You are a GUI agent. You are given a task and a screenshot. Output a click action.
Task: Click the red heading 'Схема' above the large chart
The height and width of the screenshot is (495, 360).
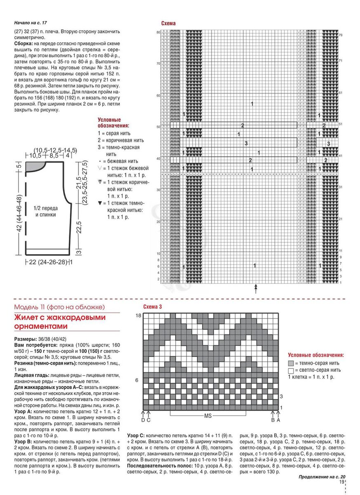click(168, 24)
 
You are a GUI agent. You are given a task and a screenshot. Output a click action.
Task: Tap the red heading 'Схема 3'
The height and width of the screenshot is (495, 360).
click(153, 307)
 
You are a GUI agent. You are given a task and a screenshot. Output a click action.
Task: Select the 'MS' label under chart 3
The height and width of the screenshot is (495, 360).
click(208, 416)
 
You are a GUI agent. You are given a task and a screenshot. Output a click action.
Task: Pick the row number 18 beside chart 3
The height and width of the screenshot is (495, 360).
click(139, 316)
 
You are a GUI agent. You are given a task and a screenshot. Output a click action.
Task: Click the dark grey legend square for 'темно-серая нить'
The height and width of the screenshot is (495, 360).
click(291, 363)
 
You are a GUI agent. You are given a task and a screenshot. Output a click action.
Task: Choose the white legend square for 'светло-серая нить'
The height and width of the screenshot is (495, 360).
click(291, 370)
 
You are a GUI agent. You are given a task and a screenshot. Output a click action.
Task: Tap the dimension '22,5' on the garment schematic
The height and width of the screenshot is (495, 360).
click(78, 227)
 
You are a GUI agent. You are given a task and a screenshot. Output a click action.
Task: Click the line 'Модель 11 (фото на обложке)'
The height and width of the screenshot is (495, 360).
click(59, 307)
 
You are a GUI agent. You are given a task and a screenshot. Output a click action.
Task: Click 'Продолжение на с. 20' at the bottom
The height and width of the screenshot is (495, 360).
click(322, 476)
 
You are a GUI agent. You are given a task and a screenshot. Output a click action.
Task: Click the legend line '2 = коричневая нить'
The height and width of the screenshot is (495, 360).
click(121, 140)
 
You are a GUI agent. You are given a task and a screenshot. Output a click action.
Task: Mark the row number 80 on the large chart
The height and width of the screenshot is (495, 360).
click(158, 32)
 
